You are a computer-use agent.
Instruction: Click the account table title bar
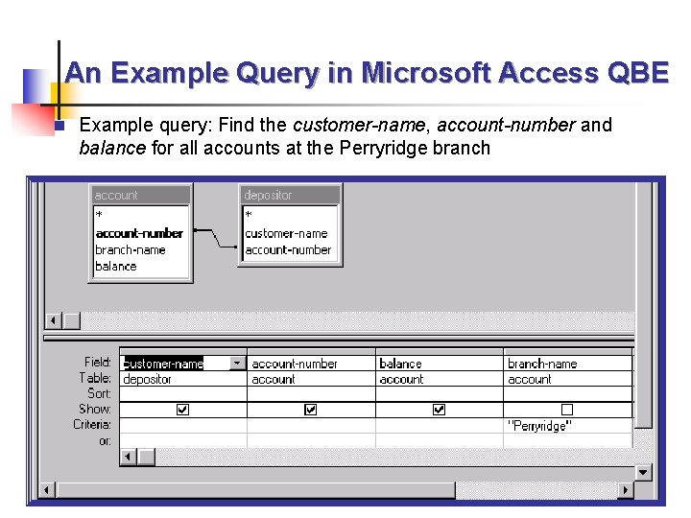coord(140,195)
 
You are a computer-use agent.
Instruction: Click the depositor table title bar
coord(289,195)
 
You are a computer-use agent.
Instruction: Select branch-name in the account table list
coord(131,249)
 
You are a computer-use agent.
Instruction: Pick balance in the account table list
coord(116,266)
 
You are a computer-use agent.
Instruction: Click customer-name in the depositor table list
coord(286,233)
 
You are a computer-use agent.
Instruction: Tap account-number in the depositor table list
coord(288,249)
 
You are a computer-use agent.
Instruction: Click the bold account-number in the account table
coord(139,233)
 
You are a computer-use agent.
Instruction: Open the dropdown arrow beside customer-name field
coord(237,364)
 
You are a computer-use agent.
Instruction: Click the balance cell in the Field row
coord(400,364)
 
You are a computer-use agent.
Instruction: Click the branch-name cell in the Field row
coord(542,364)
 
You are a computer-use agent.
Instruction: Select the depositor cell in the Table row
coord(148,379)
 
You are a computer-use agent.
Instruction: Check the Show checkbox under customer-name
coord(182,410)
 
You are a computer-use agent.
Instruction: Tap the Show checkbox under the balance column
coord(439,410)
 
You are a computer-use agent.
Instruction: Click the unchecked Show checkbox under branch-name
coord(567,410)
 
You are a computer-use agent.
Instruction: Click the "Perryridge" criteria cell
coord(537,426)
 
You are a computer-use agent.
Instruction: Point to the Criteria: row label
coord(92,424)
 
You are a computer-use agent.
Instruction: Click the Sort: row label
coord(99,393)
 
